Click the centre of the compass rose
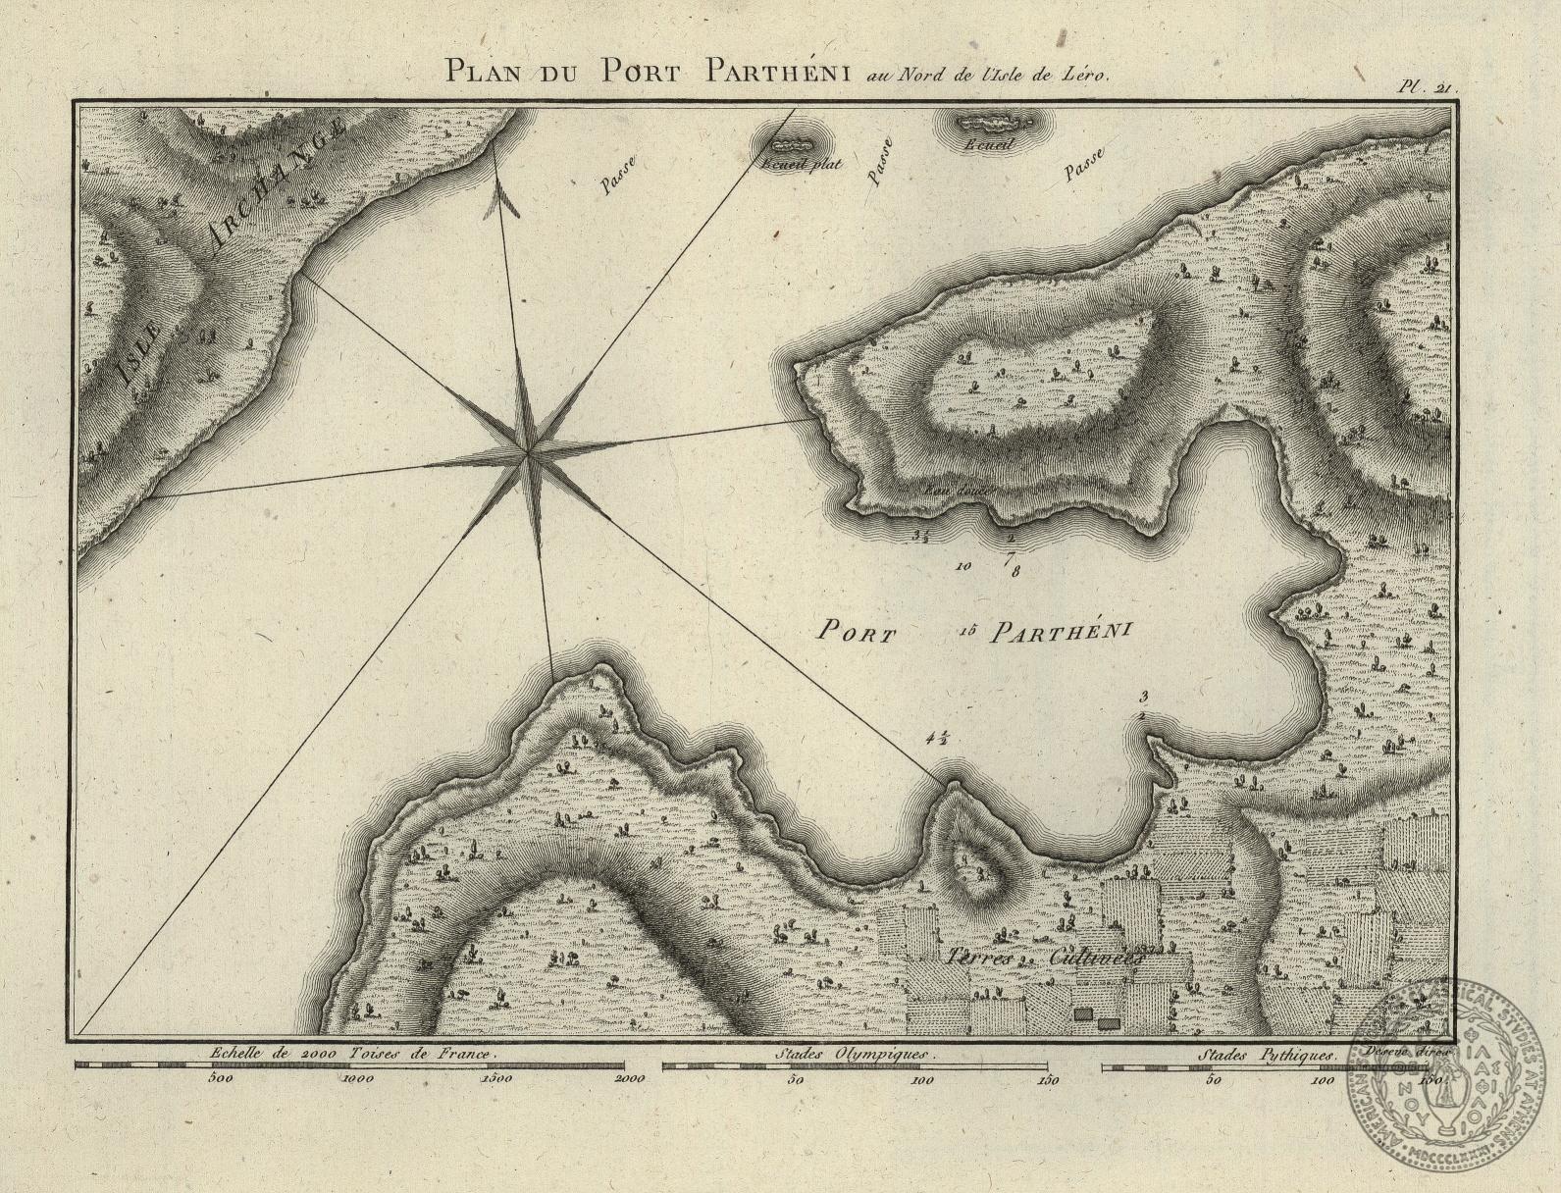(x=527, y=453)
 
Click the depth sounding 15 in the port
(x=962, y=633)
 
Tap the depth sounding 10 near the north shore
(x=963, y=566)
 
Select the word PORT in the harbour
(x=857, y=633)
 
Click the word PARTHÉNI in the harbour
(x=1060, y=632)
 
